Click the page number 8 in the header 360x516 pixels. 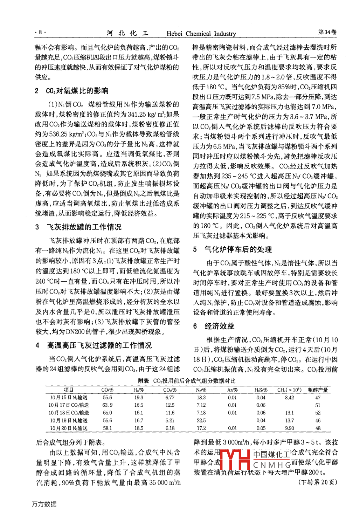pos(40,32)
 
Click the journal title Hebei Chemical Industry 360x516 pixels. pos(201,34)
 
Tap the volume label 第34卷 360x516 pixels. pos(327,32)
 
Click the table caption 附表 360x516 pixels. pos(143,381)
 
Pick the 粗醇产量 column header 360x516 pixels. pos(318,390)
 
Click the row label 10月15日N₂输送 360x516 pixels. pos(69,398)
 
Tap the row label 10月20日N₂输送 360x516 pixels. pos(69,428)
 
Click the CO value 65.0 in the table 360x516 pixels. pos(107,413)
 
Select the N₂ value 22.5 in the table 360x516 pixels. pos(201,420)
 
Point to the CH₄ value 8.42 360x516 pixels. pos(289,398)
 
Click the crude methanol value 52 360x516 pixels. pos(318,413)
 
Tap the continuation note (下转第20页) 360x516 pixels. pos(318,482)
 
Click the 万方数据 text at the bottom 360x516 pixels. pos(44,504)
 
